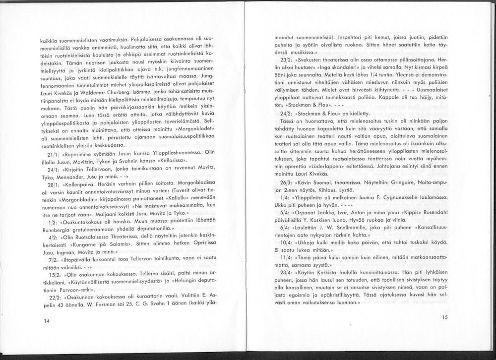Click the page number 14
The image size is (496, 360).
click(46, 321)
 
